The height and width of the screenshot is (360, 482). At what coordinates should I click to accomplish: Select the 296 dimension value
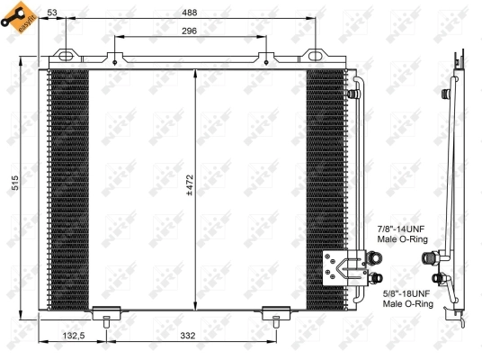188,31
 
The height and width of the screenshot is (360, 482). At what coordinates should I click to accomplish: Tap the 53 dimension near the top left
53,12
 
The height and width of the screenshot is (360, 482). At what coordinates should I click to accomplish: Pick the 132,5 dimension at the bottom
74,336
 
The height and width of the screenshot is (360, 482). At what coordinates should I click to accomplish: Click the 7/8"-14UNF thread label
402,229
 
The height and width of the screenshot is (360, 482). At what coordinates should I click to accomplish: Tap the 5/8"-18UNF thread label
407,292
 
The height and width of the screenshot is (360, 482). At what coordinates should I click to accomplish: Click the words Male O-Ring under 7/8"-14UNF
402,240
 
